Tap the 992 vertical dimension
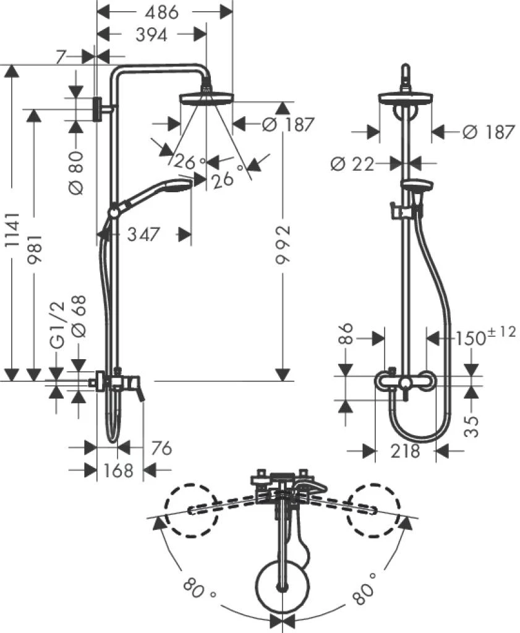283,244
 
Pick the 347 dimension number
143,235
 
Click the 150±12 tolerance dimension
486,337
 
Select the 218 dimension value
406,451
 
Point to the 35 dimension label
472,425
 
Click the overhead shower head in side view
206,98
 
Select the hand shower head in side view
177,185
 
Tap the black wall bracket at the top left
98,109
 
